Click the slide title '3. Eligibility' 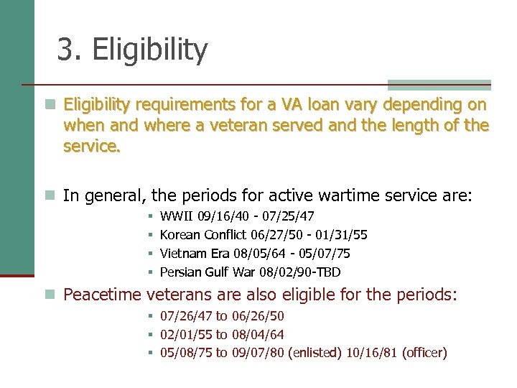[132, 50]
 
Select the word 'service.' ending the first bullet [92, 147]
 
